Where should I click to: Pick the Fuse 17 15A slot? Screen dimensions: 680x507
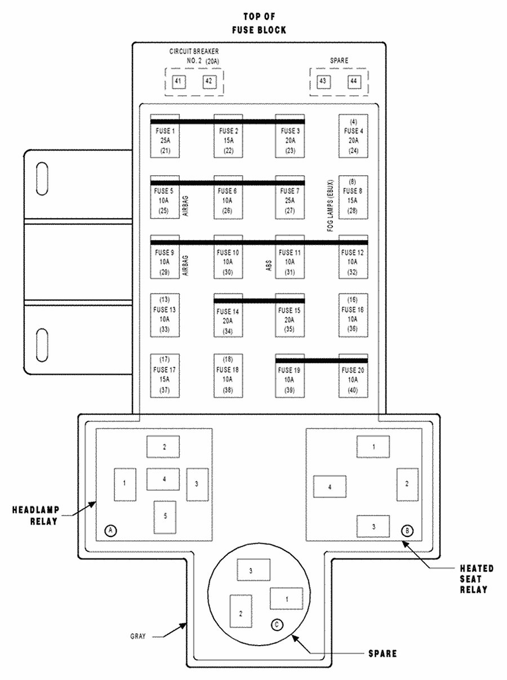coord(165,375)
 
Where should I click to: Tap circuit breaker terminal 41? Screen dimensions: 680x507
coord(179,82)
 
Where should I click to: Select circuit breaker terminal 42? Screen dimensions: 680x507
coord(210,82)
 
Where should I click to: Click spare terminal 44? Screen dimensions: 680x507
coord(354,82)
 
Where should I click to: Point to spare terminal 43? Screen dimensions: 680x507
coord(323,82)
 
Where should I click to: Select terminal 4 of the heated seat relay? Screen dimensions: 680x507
coord(330,487)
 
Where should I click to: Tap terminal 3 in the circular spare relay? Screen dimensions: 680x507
coord(253,570)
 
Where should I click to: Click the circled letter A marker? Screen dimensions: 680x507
coord(111,530)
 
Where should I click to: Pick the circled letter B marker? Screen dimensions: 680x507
coord(407,530)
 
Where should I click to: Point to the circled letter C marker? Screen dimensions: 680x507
coord(276,624)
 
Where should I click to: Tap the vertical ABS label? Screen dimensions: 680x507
coord(269,265)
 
